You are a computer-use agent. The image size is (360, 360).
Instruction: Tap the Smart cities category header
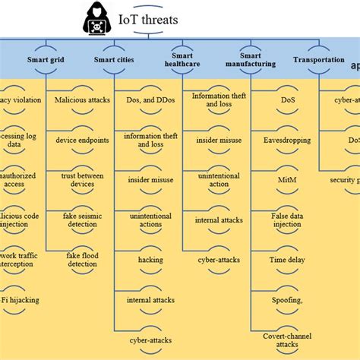click(115, 58)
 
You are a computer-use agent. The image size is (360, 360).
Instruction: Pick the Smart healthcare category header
click(182, 60)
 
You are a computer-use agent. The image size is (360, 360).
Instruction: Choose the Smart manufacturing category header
click(251, 60)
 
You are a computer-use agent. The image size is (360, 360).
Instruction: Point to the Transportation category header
click(318, 58)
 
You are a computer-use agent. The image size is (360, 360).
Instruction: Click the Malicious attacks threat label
click(82, 99)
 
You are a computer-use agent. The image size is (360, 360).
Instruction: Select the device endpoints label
click(82, 140)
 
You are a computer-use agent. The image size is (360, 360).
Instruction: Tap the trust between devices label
click(82, 179)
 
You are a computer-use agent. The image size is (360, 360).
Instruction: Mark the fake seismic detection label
click(82, 220)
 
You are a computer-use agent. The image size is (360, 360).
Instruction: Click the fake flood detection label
click(82, 261)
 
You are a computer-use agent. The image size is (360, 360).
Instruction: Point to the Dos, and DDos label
click(150, 99)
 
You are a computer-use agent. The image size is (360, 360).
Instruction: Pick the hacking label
click(150, 260)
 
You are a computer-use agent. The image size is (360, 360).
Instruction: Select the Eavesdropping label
click(287, 140)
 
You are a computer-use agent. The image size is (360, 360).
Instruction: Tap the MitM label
click(287, 180)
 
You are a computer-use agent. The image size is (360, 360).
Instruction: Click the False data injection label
click(287, 220)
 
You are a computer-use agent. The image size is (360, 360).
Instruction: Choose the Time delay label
click(287, 261)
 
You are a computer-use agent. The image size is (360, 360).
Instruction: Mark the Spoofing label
click(287, 301)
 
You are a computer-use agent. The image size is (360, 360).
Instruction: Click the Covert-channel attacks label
click(287, 339)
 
